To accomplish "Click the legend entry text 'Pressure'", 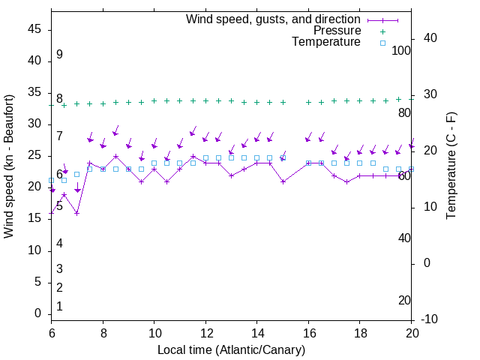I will [337, 31].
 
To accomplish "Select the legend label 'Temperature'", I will [326, 43].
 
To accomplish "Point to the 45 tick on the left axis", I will [35, 28].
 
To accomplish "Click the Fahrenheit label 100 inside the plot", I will [402, 50].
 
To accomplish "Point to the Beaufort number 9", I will [59, 55].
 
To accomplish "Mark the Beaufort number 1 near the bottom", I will [59, 306].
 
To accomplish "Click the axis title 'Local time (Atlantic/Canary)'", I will [231, 349].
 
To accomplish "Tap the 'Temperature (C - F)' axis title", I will [451, 166].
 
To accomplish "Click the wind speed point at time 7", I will [76, 213].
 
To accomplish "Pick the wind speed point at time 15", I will [283, 181].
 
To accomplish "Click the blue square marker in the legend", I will [382, 43].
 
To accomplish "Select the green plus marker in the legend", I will [382, 31].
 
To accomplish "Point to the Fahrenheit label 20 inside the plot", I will [404, 301].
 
